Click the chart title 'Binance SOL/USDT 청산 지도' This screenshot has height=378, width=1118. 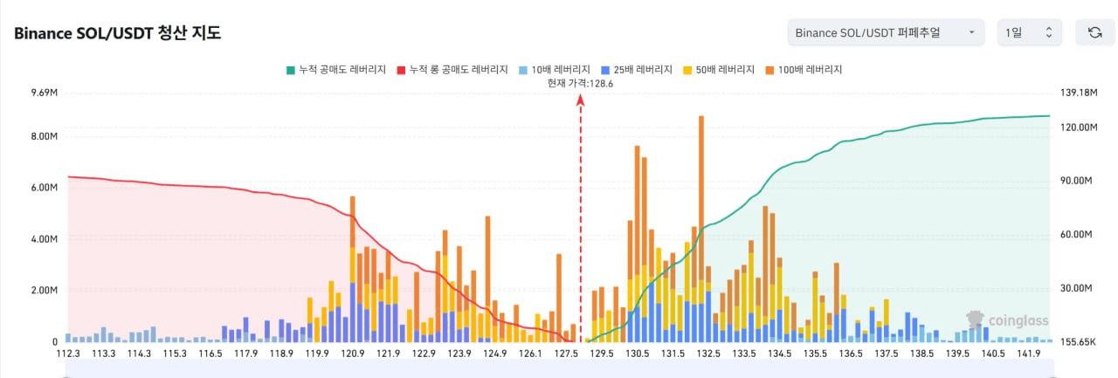[117, 33]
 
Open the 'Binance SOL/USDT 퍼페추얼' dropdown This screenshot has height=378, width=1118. [885, 32]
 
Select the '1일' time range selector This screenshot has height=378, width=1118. [1029, 32]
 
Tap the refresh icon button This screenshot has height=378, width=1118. [1094, 32]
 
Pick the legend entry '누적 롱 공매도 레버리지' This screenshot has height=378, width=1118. [452, 70]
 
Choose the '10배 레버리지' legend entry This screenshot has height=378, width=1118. [554, 70]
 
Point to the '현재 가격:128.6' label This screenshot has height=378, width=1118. [580, 83]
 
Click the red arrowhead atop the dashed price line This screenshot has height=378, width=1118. [580, 100]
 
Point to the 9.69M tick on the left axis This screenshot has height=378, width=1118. [44, 93]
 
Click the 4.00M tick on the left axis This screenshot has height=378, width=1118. [44, 239]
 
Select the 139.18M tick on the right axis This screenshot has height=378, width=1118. [1079, 93]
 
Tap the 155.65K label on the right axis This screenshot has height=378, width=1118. [1079, 342]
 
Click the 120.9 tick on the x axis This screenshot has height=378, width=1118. [353, 354]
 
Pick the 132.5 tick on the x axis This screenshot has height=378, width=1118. [708, 354]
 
